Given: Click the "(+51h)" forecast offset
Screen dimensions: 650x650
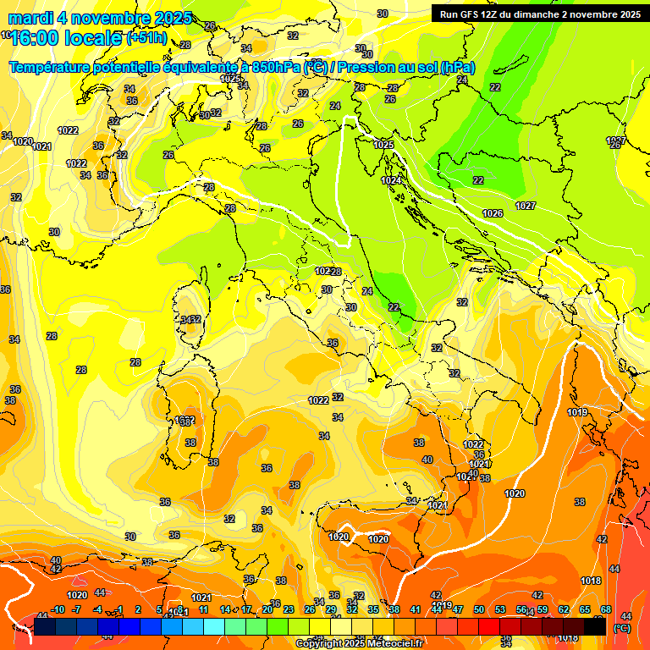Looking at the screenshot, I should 146,38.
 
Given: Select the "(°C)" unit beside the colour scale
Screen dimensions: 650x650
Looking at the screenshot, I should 621,628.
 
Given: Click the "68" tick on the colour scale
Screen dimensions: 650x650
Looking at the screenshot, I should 606,609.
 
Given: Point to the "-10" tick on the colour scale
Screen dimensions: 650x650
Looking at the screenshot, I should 58,609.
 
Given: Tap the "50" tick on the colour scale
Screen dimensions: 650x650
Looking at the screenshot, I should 479,609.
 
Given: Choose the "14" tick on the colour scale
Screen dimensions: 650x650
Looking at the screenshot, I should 225,609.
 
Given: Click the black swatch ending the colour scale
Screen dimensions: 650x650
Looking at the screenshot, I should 595,626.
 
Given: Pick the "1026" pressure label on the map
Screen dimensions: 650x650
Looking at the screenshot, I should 493,212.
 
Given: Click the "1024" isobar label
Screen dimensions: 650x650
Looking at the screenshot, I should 390,180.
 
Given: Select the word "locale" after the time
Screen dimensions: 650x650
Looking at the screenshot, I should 94,39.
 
